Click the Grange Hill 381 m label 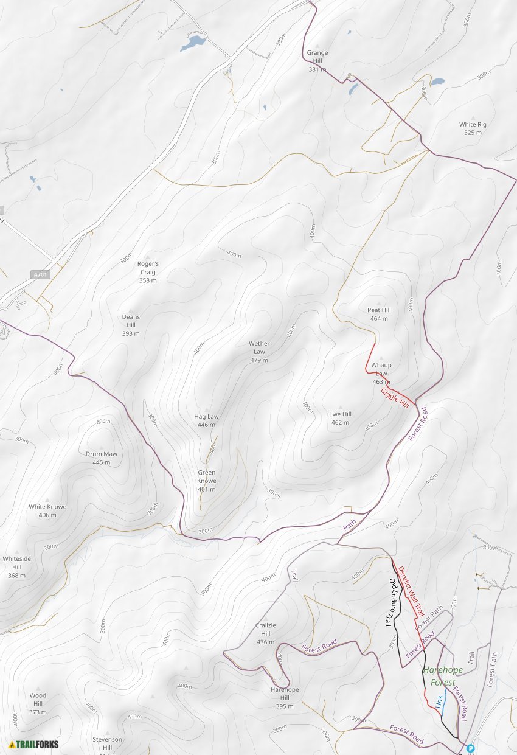tap(317, 61)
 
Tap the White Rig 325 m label tap(473, 128)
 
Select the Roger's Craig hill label tap(148, 272)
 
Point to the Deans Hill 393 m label tap(131, 325)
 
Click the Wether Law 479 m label tap(259, 352)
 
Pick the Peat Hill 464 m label tap(379, 314)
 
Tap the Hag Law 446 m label tap(206, 420)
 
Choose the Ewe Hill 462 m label tap(340, 418)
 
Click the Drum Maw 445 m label tap(102, 458)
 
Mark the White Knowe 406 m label tap(47, 510)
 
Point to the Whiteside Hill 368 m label tap(16, 566)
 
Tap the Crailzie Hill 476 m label tap(265, 633)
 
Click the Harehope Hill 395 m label tap(285, 697)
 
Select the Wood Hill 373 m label tap(38, 703)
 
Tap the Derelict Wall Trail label tap(411, 591)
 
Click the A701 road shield tap(40, 275)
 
